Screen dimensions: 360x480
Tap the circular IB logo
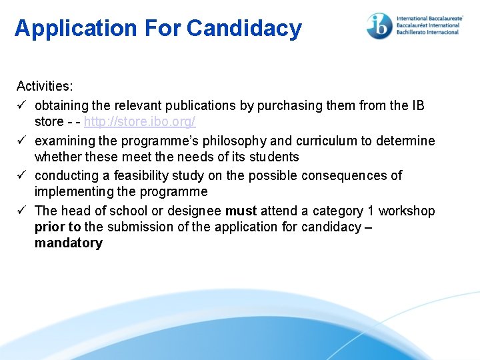click(x=379, y=25)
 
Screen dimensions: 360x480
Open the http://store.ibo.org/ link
click(x=139, y=122)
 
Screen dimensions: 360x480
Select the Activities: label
click(x=45, y=86)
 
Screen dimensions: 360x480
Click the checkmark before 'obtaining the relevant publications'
click(x=22, y=105)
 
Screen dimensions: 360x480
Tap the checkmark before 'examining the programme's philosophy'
click(x=22, y=141)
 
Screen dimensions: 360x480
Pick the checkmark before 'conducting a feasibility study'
click(x=22, y=175)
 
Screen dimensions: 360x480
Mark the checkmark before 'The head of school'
click(x=22, y=211)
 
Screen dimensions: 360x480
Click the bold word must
click(x=241, y=211)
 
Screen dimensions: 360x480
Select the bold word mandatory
click(x=69, y=243)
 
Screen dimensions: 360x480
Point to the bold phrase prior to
click(x=57, y=227)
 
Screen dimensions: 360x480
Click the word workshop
click(x=407, y=211)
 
